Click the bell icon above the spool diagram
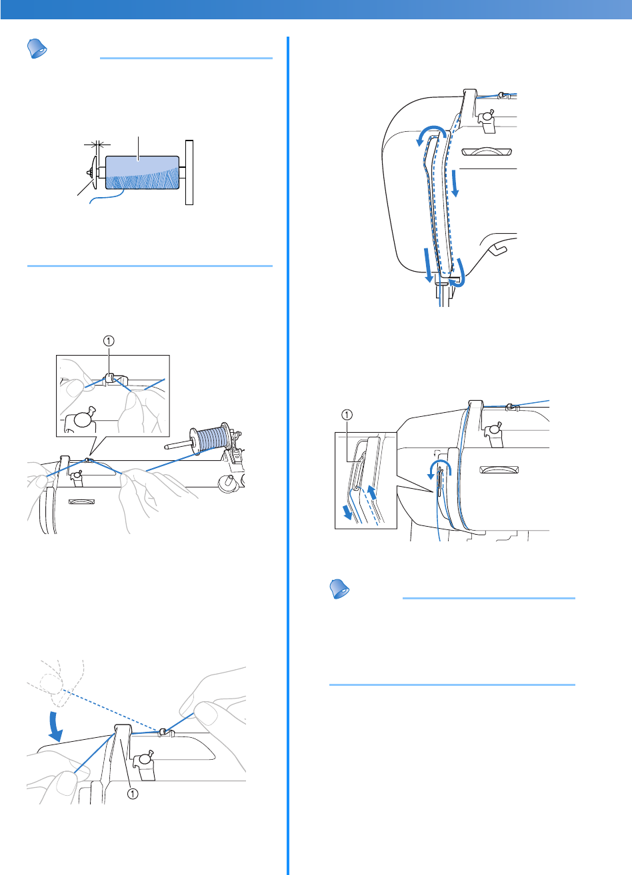pyautogui.click(x=37, y=49)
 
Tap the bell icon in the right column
pyautogui.click(x=341, y=589)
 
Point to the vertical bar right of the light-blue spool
pyautogui.click(x=189, y=172)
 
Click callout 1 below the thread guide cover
pyautogui.click(x=133, y=793)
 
